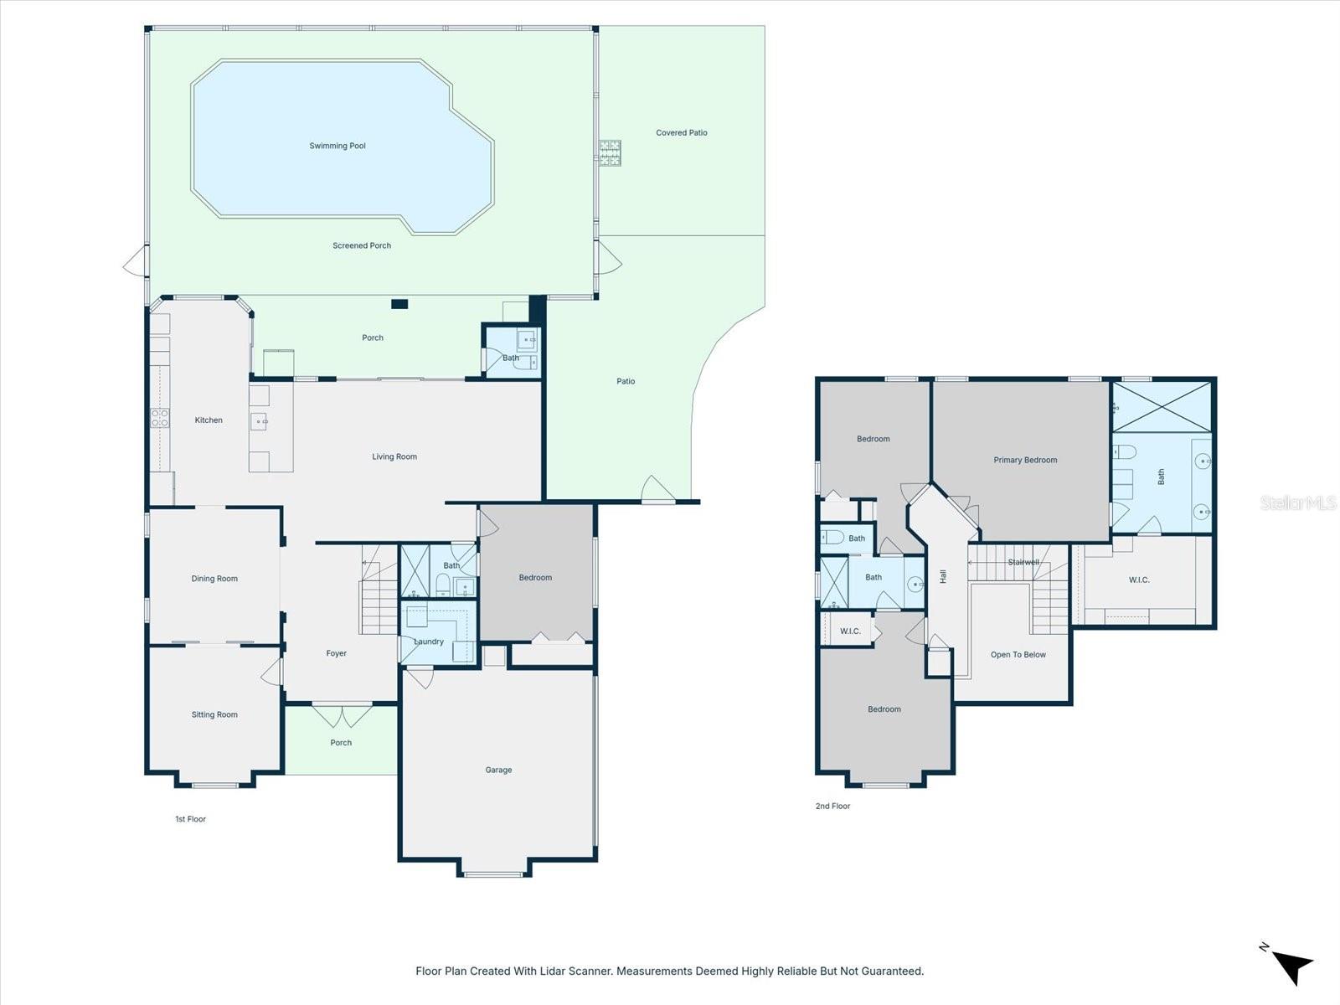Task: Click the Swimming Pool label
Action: point(338,146)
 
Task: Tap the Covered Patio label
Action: point(681,132)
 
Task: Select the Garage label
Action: point(498,770)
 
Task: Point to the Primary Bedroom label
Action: point(1025,460)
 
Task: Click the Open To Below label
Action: point(1018,655)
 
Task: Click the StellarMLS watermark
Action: point(1297,502)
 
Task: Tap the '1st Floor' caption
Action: point(190,819)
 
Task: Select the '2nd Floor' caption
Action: point(832,806)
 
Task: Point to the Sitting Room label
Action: point(214,714)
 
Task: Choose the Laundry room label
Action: point(429,642)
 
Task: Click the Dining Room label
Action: point(214,579)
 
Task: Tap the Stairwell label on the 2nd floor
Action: point(1023,562)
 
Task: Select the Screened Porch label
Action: point(362,245)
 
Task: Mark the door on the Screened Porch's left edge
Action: point(136,265)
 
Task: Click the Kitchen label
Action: point(209,420)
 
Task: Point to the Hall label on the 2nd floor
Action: point(943,576)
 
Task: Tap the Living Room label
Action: point(394,456)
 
